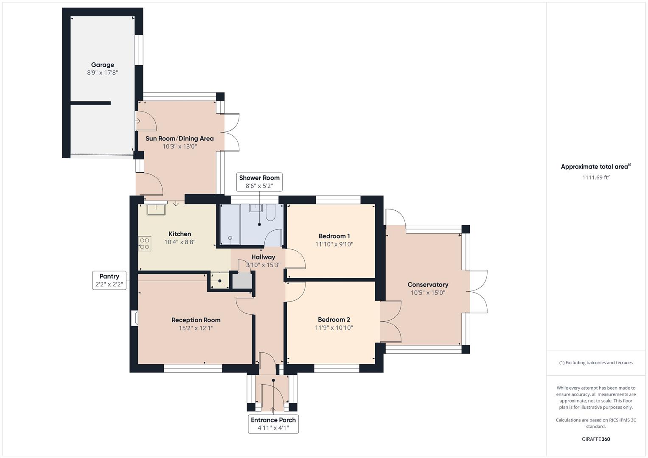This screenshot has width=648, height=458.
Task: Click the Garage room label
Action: tap(102, 65)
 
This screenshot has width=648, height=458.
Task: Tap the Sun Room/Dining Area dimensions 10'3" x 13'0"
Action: tap(180, 146)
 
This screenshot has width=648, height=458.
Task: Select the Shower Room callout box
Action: tap(259, 182)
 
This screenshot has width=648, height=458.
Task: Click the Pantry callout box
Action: tap(109, 280)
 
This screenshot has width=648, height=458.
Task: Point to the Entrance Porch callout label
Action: tap(273, 424)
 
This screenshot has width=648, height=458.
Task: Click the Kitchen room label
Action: tap(180, 234)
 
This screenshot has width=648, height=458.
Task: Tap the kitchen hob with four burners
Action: tap(144, 243)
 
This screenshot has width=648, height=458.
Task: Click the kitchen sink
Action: tap(156, 209)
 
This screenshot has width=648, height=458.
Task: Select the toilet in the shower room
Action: tap(271, 212)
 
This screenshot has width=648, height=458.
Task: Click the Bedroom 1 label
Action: tap(334, 236)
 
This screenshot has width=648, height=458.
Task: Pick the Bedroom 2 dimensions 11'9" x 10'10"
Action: tap(334, 328)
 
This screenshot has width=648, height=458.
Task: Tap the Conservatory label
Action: tap(427, 285)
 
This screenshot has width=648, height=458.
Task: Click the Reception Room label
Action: tap(196, 320)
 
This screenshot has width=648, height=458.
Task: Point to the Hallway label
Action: tap(263, 257)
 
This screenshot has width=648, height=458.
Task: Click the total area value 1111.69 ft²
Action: tap(596, 177)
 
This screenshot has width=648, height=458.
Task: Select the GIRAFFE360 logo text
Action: tap(596, 439)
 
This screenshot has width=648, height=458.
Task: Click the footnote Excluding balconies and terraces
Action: tap(596, 363)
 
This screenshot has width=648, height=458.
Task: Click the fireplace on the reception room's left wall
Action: tap(135, 318)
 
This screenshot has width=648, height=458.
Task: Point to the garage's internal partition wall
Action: tap(90, 103)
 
